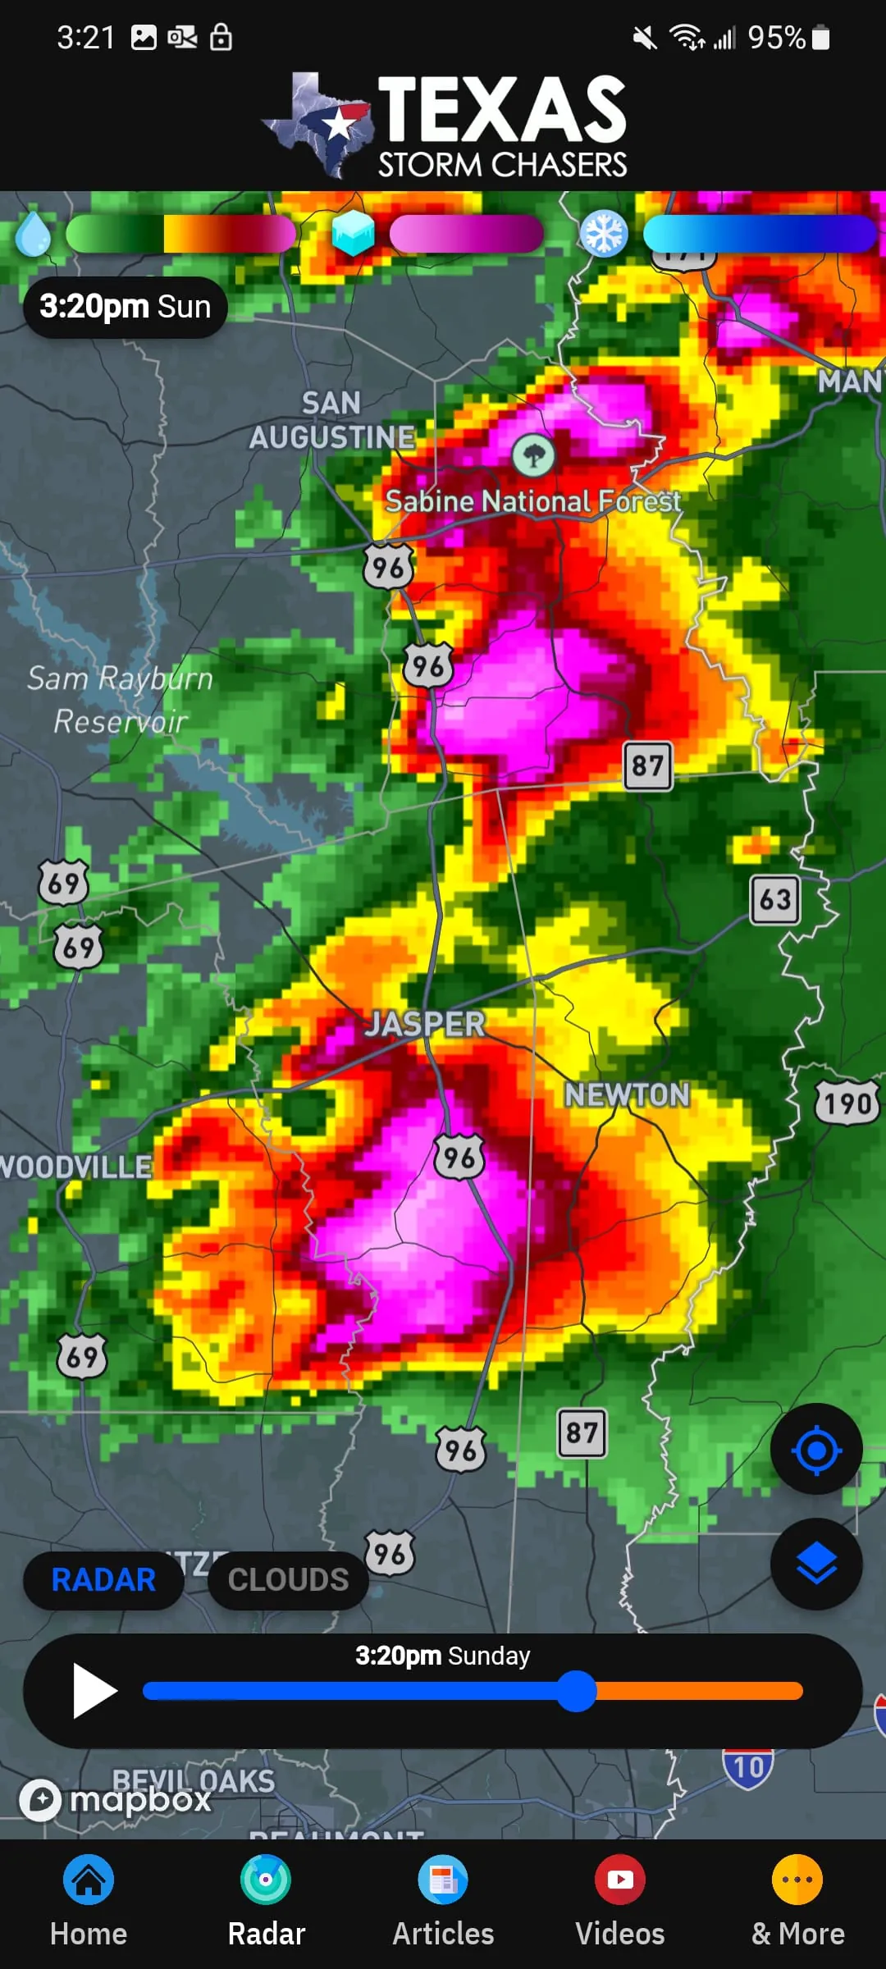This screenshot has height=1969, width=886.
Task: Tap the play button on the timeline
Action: pos(94,1690)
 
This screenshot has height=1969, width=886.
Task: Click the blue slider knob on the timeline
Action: pos(577,1691)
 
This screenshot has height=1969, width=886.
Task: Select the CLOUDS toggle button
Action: pos(288,1579)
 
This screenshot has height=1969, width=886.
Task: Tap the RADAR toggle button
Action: pos(103,1579)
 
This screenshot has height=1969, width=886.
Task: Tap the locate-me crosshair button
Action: pos(816,1450)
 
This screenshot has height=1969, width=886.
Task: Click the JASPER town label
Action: pos(425,1024)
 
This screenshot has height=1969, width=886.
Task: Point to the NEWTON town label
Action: pos(627,1094)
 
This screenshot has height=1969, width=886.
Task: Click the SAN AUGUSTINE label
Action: pos(331,420)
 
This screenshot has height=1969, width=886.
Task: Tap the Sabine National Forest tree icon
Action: pos(533,455)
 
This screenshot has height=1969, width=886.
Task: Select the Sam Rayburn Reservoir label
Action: pos(120,700)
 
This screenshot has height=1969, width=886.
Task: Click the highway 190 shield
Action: pos(847,1103)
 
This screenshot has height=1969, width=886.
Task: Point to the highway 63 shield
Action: pos(775,899)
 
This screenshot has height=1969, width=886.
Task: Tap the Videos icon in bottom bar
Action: pos(620,1880)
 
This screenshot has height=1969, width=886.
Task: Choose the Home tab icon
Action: pos(89,1880)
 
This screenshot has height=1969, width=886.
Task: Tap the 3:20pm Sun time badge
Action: pos(126,307)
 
